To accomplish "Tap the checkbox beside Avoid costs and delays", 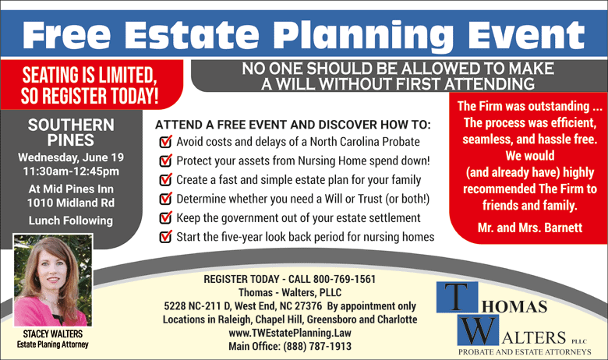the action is point(165,142).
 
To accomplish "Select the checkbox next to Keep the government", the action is point(165,217).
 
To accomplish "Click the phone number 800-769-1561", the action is point(345,279).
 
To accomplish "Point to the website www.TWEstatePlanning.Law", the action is point(290,333).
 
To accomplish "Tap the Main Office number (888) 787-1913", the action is point(317,346).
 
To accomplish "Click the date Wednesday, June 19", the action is point(71,157).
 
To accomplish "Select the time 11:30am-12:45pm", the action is point(71,171).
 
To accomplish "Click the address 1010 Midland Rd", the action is point(71,203).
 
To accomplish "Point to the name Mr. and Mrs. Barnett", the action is point(530,228).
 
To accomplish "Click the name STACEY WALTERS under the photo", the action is point(53,334).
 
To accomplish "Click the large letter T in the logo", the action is point(457,297).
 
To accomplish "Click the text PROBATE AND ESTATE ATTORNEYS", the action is point(525,352).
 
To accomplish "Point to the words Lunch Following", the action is point(71,221).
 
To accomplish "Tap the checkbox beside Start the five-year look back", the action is point(165,236).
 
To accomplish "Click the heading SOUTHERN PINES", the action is point(71,132).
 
